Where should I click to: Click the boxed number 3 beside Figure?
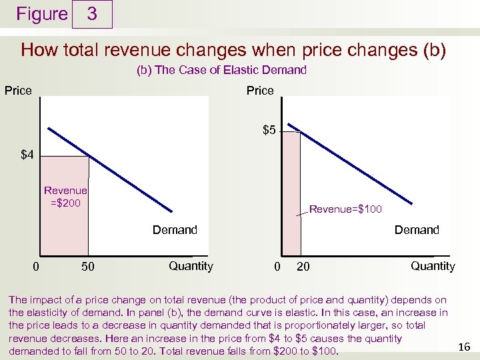point(92,14)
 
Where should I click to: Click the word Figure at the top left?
point(41,14)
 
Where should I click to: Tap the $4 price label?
point(27,155)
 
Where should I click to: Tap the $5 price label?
point(269,130)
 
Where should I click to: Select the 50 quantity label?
point(87,267)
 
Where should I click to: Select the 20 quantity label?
point(303,267)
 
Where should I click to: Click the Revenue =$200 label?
point(65,197)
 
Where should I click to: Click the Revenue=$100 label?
point(345,210)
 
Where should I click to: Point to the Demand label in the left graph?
point(175,230)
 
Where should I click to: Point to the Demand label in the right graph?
point(417,230)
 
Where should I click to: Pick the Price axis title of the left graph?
point(18,91)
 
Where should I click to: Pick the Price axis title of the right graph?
point(260,91)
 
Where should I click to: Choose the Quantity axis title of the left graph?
point(191,266)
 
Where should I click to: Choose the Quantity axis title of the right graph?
point(433,266)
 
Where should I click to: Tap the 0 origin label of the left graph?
point(36,267)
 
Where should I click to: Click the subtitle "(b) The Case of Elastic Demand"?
point(221,70)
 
